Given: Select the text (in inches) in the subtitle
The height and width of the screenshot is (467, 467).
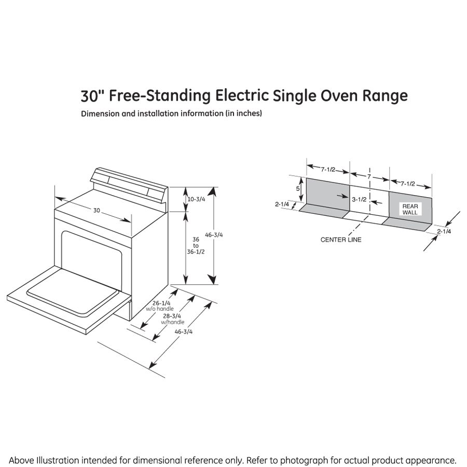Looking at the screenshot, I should (243, 114).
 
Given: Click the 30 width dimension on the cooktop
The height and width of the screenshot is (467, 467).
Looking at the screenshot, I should (97, 210).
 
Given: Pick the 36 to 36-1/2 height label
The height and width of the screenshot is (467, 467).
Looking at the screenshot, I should (196, 245).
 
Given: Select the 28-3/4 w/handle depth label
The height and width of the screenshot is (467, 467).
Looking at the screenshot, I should (173, 319).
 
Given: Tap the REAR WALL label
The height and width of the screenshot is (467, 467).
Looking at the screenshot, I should (410, 209).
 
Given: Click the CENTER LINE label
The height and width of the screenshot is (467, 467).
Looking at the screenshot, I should (340, 240).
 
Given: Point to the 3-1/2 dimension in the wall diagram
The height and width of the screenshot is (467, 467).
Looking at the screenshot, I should (359, 199).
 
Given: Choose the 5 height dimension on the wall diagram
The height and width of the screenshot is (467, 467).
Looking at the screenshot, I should (298, 189).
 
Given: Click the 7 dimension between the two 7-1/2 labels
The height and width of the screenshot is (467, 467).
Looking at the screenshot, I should (369, 177).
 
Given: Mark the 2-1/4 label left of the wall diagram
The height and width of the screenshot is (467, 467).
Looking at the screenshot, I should (282, 204).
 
